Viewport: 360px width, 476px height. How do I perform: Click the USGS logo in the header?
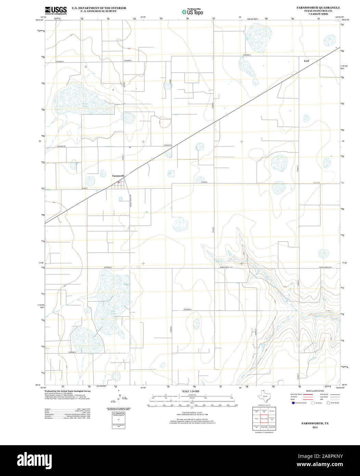[x=55, y=10]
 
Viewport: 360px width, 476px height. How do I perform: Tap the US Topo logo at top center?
[x=192, y=12]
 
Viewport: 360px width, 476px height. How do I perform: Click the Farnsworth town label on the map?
[x=118, y=176]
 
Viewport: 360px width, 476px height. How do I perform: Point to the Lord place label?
[x=306, y=61]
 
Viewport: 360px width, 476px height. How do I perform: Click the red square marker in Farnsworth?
[x=119, y=182]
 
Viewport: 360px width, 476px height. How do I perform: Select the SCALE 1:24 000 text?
[x=191, y=391]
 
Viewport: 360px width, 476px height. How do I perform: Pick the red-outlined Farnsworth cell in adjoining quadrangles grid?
[x=264, y=418]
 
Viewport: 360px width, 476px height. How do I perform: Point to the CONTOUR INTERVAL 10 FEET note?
[x=191, y=413]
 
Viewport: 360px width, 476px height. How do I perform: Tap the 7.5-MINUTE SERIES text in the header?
[x=318, y=14]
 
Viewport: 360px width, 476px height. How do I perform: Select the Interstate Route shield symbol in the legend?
[x=293, y=403]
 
